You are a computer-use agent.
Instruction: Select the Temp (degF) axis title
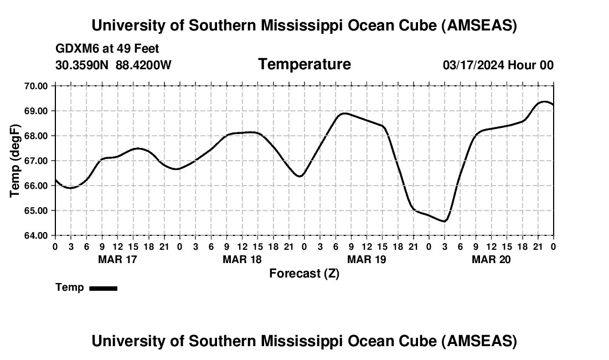pos(16,161)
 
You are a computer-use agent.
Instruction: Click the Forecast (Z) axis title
pos(304,274)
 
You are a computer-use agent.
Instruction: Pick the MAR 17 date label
pos(117,259)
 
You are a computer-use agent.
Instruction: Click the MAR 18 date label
pos(242,259)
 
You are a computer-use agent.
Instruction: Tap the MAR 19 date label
pos(367,259)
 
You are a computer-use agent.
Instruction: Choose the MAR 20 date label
pos(491,259)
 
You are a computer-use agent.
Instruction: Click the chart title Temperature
pos(304,64)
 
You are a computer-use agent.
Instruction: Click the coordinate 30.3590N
pos(82,65)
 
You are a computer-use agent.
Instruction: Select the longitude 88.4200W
pos(143,65)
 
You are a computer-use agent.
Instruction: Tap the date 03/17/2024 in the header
pos(473,65)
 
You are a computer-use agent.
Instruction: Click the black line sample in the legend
pos(103,288)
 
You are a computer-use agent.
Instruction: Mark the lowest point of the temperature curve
pos(444,222)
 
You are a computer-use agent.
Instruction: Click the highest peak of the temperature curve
pos(544,101)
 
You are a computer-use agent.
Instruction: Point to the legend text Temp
pos(69,287)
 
